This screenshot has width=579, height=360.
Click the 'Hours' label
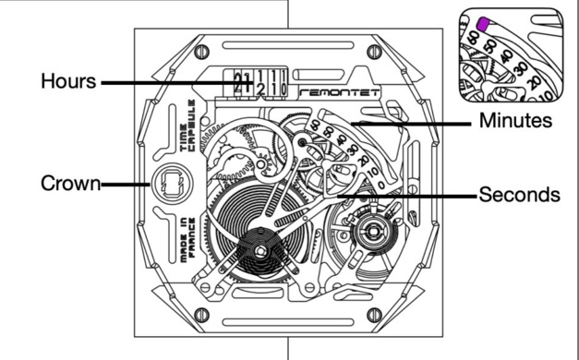pos(67,81)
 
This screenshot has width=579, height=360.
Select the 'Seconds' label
pos(519,196)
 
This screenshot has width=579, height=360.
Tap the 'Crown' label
pos(70,183)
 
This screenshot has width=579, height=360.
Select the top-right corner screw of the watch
pos(372,53)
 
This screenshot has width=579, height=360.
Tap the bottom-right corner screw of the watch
pos(373,315)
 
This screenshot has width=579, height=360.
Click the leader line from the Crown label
pos(127,183)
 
